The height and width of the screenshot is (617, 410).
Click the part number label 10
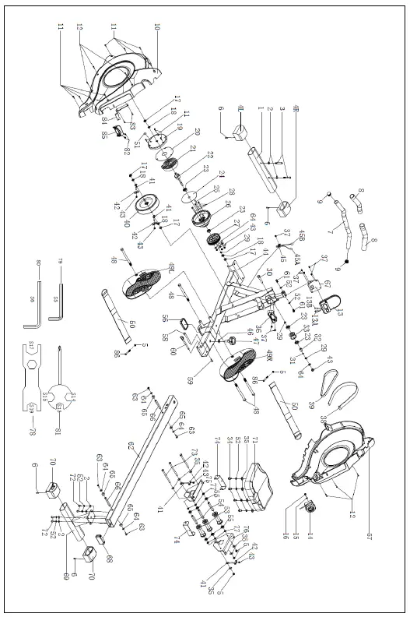coord(156,26)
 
